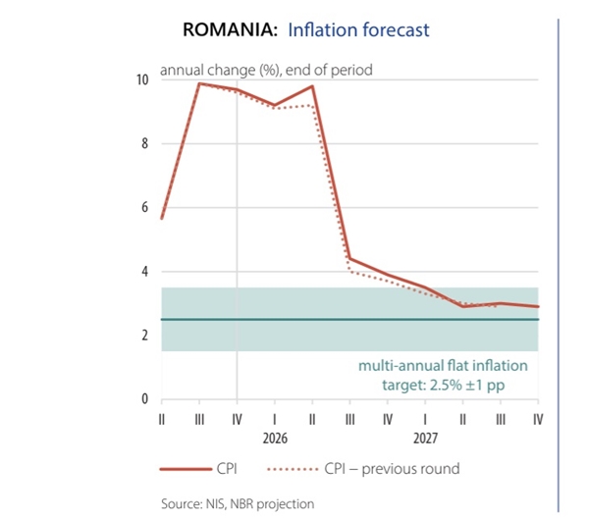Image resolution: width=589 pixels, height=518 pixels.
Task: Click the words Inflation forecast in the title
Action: click(358, 29)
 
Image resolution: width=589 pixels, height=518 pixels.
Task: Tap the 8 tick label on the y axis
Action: click(145, 143)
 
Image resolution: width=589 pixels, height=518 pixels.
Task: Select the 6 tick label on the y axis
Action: click(145, 208)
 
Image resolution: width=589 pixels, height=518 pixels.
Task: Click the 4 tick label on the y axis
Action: click(145, 272)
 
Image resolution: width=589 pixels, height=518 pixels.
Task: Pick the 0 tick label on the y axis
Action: click(145, 399)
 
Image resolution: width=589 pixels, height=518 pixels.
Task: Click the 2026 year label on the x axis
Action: click(274, 437)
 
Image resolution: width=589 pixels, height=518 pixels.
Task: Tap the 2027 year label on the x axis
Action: click(425, 437)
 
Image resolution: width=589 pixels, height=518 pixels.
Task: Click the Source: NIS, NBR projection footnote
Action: click(238, 503)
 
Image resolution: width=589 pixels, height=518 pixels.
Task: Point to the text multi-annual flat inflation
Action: click(443, 366)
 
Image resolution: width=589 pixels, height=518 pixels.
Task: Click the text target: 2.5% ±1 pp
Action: click(443, 385)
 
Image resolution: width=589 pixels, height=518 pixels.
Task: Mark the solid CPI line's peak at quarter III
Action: click(199, 83)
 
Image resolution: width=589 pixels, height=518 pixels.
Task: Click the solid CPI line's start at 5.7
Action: click(161, 218)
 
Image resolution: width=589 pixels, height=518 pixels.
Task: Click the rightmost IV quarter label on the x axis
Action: click(538, 417)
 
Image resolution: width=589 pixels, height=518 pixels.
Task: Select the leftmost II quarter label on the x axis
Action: click(161, 417)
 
